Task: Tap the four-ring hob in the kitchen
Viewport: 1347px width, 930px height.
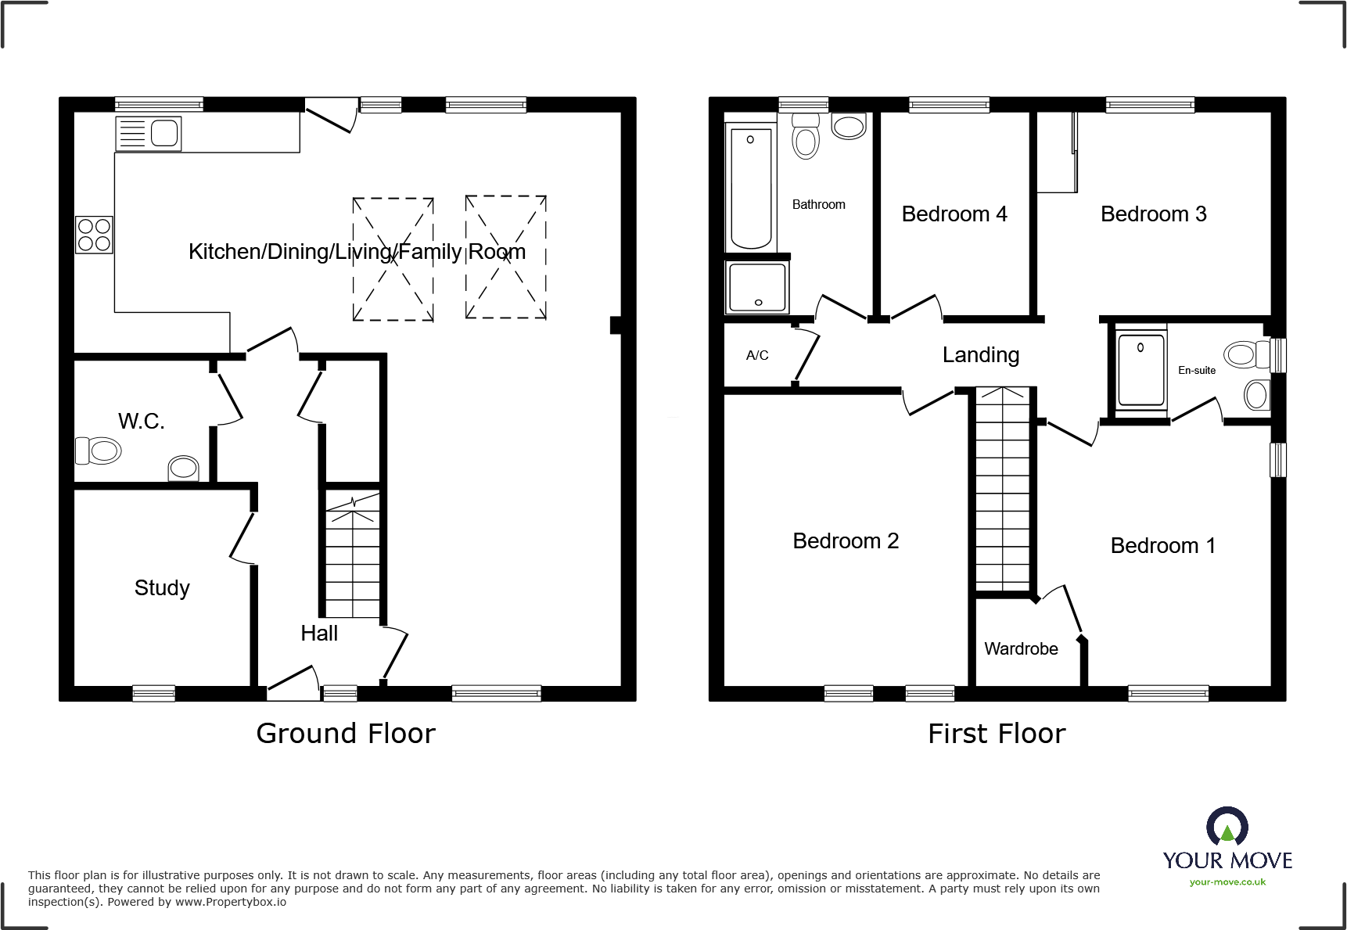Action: point(94,235)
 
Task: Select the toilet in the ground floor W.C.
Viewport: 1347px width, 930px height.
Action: point(99,451)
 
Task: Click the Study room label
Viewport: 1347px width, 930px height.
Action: point(162,587)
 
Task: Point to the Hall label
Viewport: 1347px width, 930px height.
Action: point(319,634)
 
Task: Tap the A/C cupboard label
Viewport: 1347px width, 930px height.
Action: point(757,356)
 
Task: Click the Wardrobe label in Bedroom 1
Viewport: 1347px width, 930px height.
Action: point(1021,649)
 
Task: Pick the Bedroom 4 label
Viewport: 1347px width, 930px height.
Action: point(954,214)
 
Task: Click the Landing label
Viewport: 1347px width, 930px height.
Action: point(981,355)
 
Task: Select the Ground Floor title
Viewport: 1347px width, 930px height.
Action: point(346,734)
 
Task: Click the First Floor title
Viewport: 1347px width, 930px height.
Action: point(997,734)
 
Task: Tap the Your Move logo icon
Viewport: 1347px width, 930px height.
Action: point(1227,826)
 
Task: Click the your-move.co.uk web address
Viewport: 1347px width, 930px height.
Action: point(1227,882)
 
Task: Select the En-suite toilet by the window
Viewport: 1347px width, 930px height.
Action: point(1245,354)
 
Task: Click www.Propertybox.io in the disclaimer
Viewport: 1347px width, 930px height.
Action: point(230,903)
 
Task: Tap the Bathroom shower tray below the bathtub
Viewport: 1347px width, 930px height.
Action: point(757,287)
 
